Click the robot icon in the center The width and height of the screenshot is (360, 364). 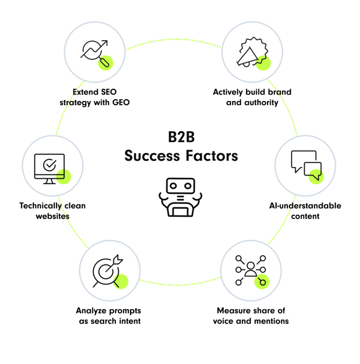[179, 197]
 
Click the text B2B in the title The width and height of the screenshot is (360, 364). [180, 136]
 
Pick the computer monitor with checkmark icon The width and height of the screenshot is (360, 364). [49, 168]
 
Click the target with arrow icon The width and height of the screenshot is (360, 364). [107, 271]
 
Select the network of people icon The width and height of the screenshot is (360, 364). [250, 271]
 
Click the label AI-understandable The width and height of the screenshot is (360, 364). [305, 206]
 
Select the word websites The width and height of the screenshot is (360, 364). [53, 216]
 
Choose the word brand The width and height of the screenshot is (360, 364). [279, 92]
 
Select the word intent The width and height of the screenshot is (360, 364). [129, 321]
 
